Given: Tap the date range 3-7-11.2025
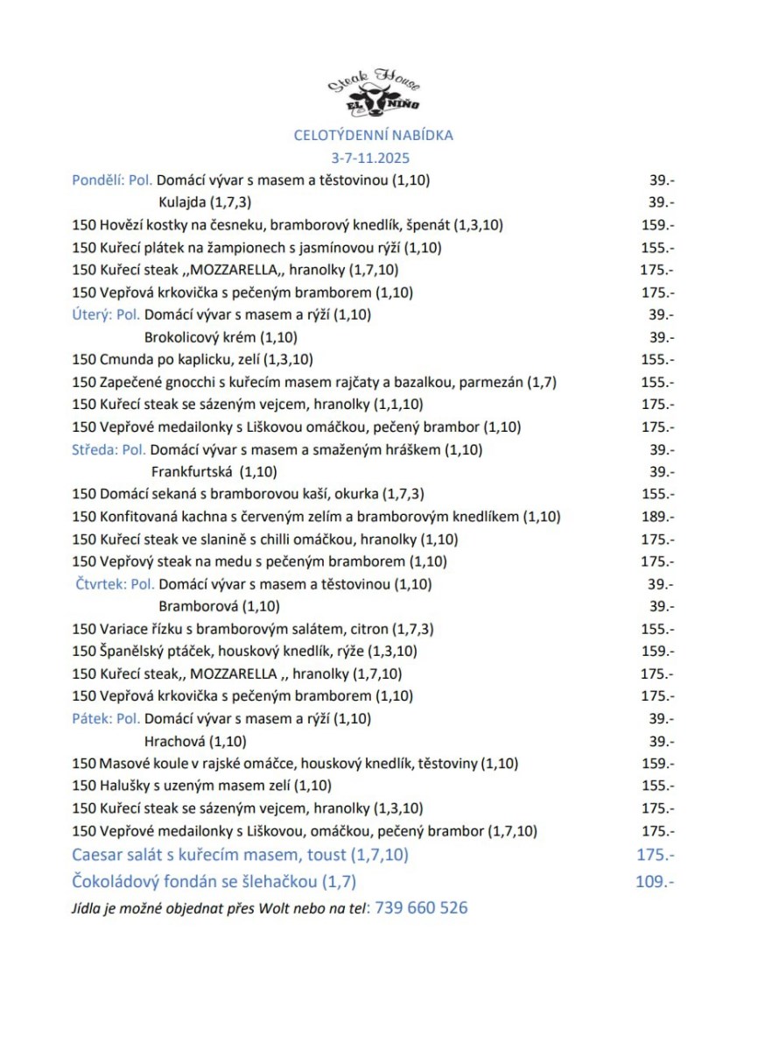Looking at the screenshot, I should pos(371,159).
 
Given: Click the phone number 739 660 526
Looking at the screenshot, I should pos(421,908).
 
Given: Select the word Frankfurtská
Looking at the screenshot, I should pos(192,472).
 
